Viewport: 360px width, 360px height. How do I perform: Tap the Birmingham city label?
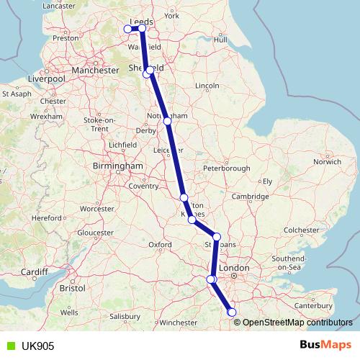(118, 166)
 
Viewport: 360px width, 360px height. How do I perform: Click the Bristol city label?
(72, 287)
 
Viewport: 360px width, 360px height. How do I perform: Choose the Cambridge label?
(255, 196)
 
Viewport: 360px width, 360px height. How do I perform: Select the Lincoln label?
(207, 86)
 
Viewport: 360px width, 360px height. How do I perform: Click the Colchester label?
(301, 230)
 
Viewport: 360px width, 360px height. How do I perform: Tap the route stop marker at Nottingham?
(167, 121)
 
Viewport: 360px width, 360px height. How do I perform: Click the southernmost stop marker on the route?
(231, 312)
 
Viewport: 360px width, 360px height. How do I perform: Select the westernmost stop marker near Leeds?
(127, 29)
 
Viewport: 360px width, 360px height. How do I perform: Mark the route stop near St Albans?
(216, 236)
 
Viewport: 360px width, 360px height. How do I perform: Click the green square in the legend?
(8, 346)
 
